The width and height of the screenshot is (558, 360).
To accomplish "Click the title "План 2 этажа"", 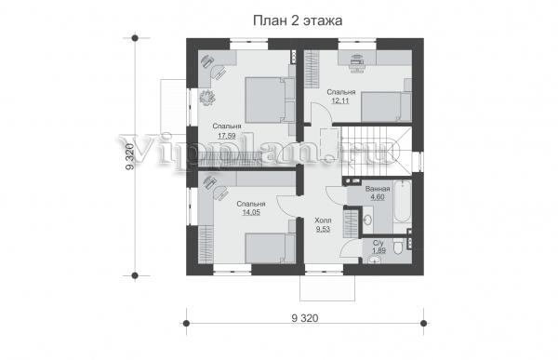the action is [298, 20].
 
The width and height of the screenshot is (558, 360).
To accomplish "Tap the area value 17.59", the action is [227, 136].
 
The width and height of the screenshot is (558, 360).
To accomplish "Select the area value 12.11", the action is [340, 100].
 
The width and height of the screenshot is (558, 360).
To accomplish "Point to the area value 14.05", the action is [251, 213].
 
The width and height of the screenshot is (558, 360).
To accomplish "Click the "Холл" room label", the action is [323, 220].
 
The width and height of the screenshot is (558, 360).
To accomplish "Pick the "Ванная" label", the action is [378, 189].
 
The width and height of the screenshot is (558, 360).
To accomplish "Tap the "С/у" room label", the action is [379, 243].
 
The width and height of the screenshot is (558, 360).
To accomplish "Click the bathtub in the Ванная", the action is [402, 202].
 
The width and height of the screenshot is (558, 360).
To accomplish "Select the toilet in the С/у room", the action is [399, 247].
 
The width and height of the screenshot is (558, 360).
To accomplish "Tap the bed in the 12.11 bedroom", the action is [386, 107].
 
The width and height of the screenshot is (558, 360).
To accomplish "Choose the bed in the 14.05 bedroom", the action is [270, 248].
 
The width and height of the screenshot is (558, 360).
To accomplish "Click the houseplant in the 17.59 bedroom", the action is [206, 98].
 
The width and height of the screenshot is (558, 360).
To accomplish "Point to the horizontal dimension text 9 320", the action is [305, 318].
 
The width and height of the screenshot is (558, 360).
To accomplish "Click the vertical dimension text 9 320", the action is [130, 156].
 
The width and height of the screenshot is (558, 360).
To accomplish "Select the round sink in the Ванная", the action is [367, 220].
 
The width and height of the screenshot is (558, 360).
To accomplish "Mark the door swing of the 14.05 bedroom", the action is [286, 207].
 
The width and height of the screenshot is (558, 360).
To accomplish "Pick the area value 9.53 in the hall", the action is [323, 229].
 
